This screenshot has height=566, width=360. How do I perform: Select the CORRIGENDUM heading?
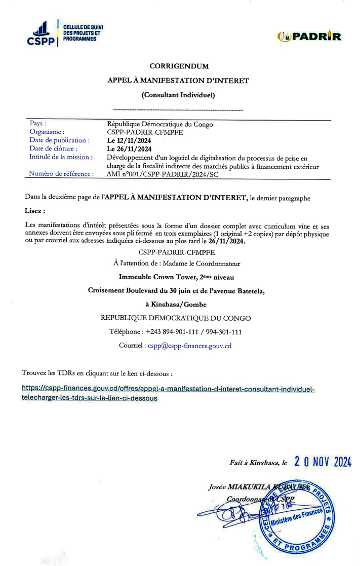(x=179, y=66)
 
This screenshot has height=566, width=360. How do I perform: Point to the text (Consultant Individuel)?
(x=178, y=94)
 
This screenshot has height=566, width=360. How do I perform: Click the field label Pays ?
(x=38, y=124)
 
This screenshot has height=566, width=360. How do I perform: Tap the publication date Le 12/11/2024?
(x=129, y=140)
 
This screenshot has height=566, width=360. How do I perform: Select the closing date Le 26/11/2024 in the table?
(x=129, y=149)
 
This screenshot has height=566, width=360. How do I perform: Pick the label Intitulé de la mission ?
(x=61, y=157)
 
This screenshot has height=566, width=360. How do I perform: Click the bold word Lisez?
(x=34, y=210)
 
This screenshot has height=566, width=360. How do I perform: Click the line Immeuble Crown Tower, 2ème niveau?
(x=176, y=277)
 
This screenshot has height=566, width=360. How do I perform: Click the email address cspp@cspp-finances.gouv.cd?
(x=189, y=346)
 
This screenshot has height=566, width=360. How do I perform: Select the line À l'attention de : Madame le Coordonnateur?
(x=177, y=263)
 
